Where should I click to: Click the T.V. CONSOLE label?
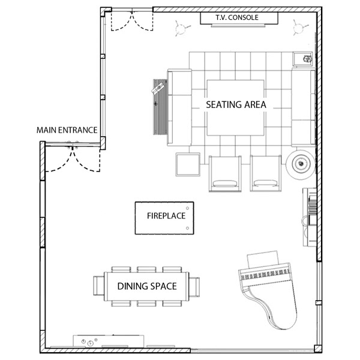pos(237,17)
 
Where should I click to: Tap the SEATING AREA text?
pos(236,104)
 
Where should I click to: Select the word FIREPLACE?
pos(166,216)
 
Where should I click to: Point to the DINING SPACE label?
pos(147,286)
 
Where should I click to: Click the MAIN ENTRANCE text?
pos(67,130)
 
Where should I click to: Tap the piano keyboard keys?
pos(265,274)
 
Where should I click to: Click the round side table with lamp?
pos(301,163)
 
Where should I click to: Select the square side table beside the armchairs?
pos(188,164)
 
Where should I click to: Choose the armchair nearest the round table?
pos(266,173)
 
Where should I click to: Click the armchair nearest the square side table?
pos(225,173)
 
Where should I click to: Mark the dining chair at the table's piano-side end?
pos(194,287)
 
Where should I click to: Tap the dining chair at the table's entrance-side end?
pos(99,286)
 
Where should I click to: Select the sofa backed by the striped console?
pos(179,107)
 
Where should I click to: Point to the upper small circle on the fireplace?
pos(187,208)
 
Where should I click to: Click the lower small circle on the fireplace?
pos(187,228)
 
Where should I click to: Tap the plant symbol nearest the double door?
pos(181,28)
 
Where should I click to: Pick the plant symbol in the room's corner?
pos(299,28)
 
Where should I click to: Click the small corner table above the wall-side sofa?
pos(302,59)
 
